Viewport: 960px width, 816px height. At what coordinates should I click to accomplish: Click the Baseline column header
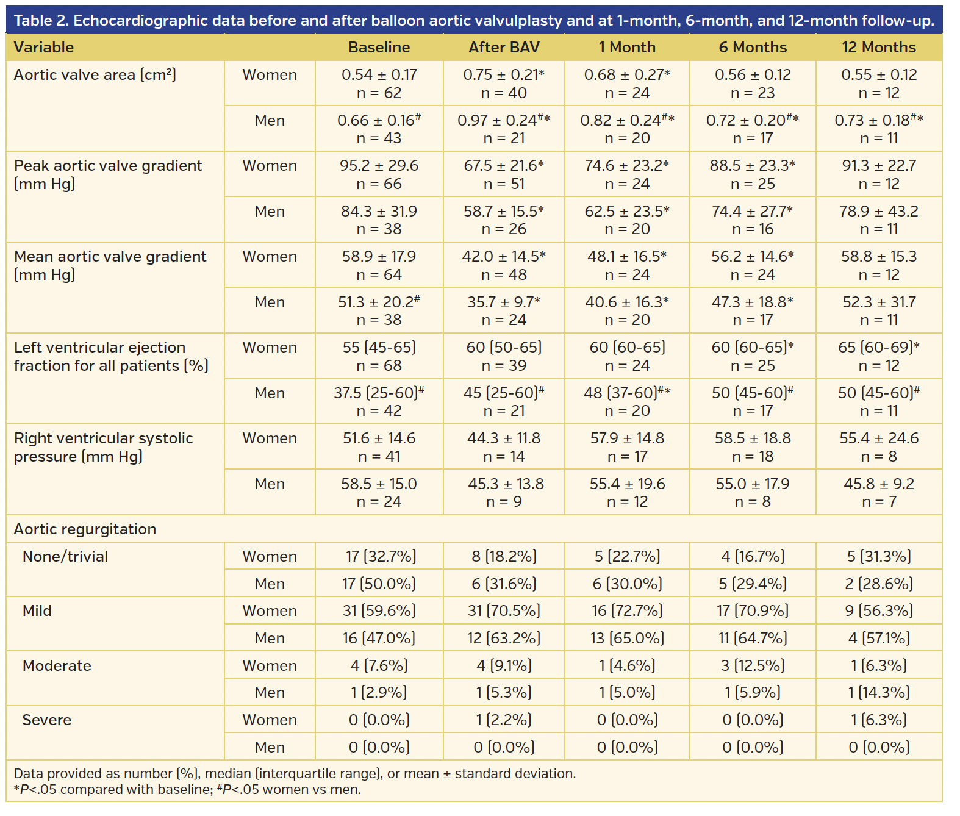(x=379, y=48)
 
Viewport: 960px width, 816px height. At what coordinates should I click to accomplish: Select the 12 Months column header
(x=878, y=48)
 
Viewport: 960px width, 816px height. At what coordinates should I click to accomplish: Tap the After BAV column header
(x=504, y=48)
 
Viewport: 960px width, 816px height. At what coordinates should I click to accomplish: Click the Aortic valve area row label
(x=95, y=75)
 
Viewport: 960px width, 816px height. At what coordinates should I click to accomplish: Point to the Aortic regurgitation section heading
(x=85, y=529)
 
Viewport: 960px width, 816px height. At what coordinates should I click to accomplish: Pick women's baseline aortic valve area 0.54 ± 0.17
(x=379, y=75)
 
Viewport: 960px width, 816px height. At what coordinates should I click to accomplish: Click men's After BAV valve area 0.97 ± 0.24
(x=504, y=121)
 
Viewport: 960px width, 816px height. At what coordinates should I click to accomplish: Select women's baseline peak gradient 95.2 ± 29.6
(x=379, y=166)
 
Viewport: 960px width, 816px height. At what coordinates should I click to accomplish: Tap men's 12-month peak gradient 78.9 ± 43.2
(x=878, y=212)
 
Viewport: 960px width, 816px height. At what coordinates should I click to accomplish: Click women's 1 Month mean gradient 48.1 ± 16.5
(x=627, y=257)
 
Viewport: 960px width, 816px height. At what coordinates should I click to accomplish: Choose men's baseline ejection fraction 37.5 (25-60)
(x=379, y=393)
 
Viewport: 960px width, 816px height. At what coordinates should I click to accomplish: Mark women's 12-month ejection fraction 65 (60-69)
(x=878, y=348)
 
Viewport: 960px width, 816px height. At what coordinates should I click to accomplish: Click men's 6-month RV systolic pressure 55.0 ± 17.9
(x=753, y=484)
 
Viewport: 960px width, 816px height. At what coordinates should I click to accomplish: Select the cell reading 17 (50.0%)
(x=379, y=584)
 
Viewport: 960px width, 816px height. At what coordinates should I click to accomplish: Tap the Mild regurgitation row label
(x=37, y=611)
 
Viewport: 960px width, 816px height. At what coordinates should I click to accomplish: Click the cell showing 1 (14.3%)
(x=878, y=693)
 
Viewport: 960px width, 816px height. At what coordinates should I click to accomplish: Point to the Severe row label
(x=47, y=720)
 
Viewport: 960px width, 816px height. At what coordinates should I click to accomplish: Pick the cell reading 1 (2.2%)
(x=504, y=720)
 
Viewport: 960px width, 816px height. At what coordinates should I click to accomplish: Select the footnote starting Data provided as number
(x=295, y=774)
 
